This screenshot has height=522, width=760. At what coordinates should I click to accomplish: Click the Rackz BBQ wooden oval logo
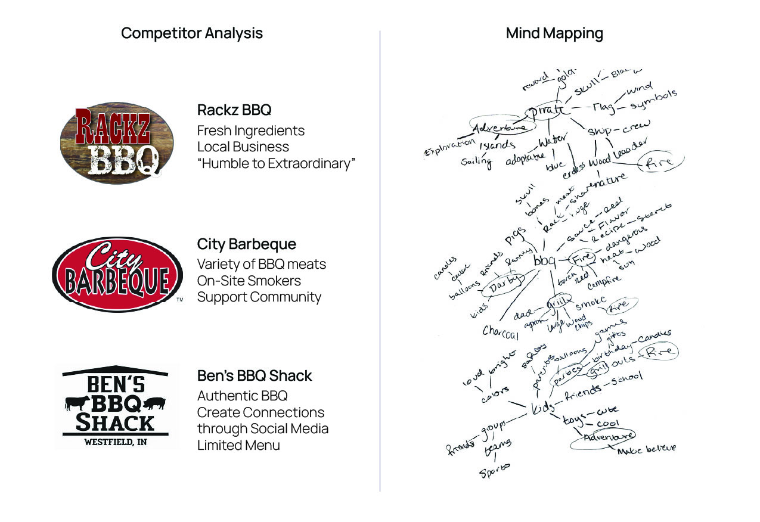click(x=117, y=142)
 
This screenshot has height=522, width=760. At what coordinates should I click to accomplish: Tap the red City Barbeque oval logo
click(x=117, y=275)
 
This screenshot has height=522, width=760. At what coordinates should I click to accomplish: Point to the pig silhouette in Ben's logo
click(x=155, y=403)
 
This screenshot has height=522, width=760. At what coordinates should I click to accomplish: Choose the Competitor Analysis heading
click(x=191, y=33)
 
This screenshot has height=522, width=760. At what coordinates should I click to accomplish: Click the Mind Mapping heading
click(x=554, y=33)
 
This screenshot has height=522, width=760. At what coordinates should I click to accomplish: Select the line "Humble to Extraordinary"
click(x=276, y=163)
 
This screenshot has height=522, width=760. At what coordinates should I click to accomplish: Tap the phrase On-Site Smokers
click(x=249, y=280)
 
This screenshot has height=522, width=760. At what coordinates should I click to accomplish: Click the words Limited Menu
click(x=238, y=445)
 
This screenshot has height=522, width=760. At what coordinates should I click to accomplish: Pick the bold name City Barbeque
click(x=246, y=244)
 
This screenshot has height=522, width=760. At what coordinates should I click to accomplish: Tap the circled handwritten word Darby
click(x=505, y=285)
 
